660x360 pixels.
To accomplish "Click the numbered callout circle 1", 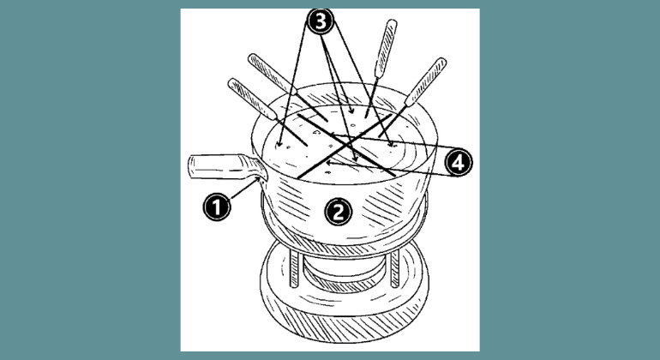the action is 217,207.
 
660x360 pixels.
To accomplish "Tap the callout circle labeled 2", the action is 339,212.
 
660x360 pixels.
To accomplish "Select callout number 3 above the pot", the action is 321,21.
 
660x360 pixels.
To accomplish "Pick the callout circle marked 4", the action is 459,162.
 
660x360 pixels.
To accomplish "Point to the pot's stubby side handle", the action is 228,167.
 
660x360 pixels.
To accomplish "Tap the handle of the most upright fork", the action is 386,48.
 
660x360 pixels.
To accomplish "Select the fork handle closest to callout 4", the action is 425,81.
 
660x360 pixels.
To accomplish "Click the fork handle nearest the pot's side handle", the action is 252,99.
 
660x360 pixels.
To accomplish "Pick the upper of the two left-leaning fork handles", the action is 273,73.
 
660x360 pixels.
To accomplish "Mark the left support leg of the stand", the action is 294,268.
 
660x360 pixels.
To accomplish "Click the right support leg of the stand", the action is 394,268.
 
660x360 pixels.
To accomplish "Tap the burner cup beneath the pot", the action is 345,272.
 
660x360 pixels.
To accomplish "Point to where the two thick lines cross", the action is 346,144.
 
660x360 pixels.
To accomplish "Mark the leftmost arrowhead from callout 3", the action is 279,144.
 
